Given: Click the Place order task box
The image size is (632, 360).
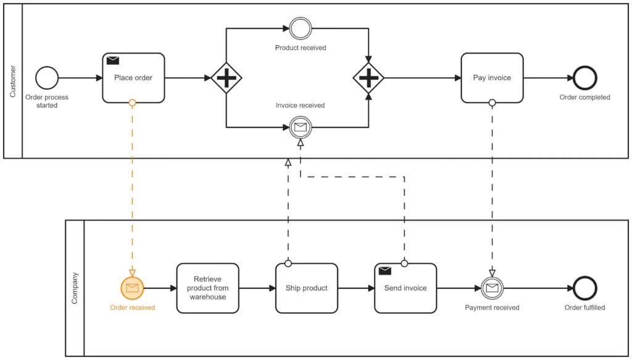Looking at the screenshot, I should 133,78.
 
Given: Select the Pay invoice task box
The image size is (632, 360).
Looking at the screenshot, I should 492,78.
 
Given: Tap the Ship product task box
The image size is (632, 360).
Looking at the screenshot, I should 306,288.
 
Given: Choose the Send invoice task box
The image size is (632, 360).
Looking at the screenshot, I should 405,288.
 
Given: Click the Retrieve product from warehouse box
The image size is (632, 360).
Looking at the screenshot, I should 207,288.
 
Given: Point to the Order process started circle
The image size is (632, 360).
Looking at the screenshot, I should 47,78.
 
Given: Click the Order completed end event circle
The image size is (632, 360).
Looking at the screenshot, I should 584,78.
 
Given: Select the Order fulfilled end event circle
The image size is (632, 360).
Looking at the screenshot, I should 584,288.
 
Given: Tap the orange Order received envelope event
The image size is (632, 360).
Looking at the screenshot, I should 132,288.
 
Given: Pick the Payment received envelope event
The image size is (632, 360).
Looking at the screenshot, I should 492,288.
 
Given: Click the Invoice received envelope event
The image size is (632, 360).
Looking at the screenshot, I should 301,127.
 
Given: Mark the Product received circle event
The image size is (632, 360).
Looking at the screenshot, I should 301,28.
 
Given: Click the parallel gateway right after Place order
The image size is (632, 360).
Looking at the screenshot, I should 226,78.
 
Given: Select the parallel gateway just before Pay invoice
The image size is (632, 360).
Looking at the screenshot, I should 368,78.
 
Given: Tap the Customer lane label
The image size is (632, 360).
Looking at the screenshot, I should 13,81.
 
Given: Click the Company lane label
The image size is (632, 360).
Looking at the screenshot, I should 75,288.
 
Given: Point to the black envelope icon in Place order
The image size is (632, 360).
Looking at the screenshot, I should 113,61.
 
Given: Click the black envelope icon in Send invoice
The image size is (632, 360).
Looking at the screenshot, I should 385,270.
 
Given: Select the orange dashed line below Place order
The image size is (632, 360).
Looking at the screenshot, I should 132,185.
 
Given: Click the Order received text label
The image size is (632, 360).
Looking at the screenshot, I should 132,308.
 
